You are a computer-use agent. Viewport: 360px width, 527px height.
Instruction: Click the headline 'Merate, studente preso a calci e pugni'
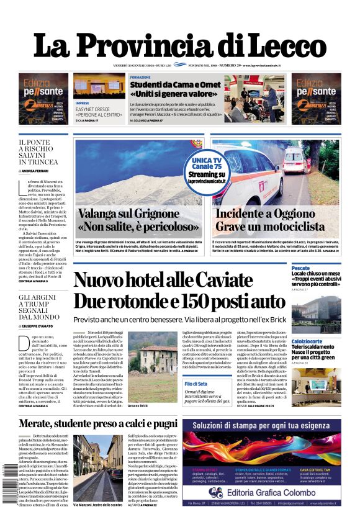click(x=89, y=424)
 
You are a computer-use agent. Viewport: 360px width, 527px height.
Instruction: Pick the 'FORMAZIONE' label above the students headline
click(x=140, y=77)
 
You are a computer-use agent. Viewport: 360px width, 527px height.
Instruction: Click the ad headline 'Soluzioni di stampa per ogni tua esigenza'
click(x=262, y=426)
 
